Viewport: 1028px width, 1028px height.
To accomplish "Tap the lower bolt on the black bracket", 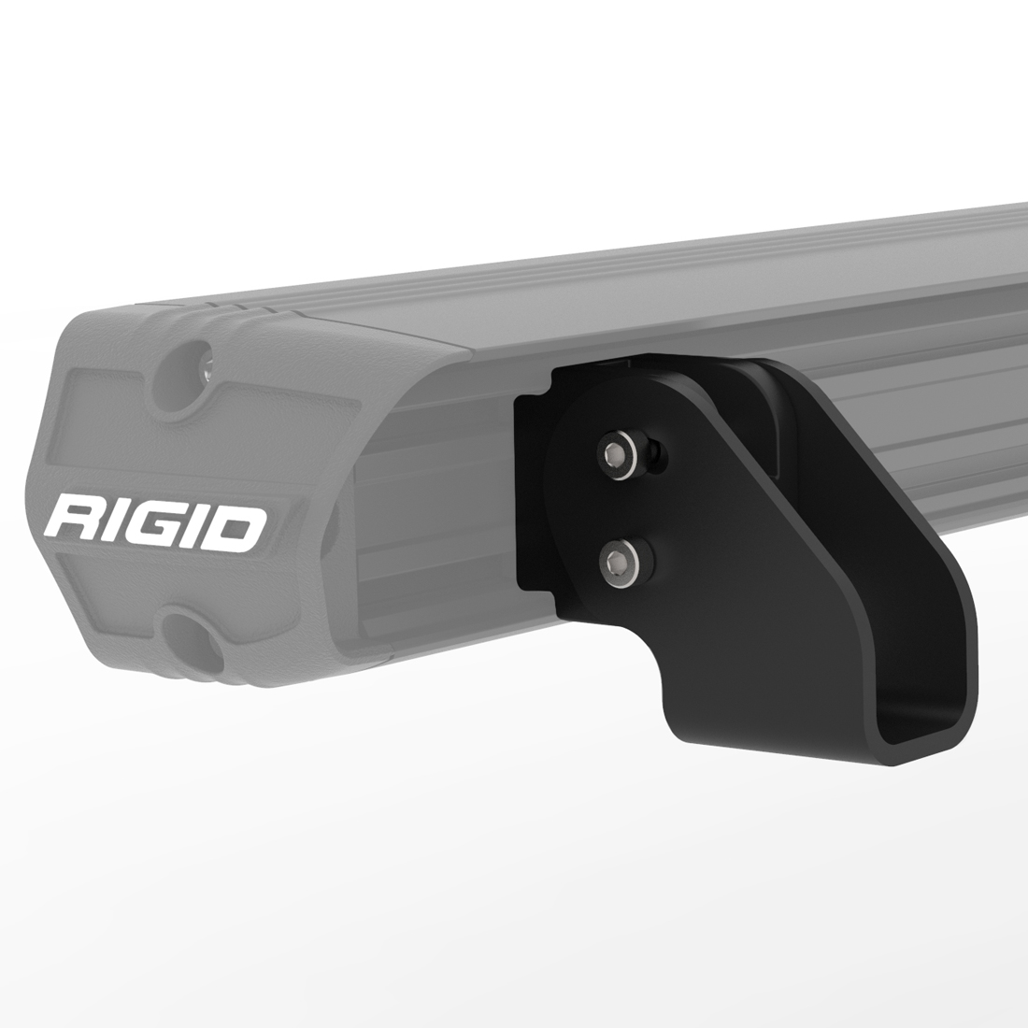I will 618,562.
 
